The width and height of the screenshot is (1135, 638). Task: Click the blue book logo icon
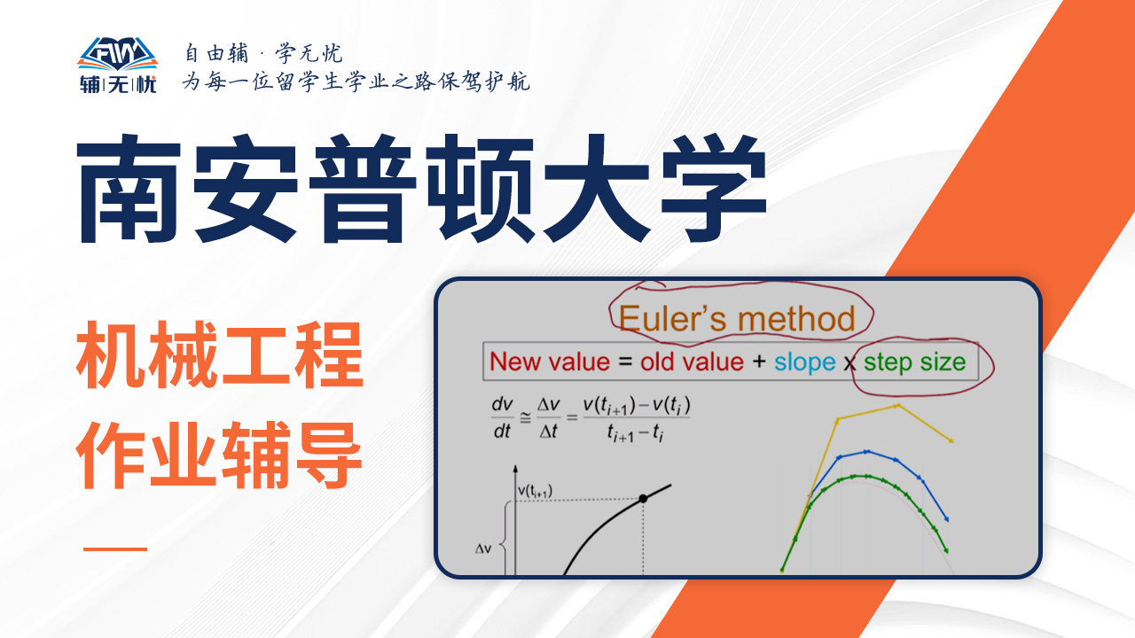click(x=118, y=54)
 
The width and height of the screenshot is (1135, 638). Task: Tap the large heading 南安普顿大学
click(x=421, y=189)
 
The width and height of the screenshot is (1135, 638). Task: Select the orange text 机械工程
click(x=219, y=355)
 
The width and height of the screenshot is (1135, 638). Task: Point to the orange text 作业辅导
click(x=219, y=455)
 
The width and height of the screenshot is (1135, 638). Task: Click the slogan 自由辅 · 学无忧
click(x=263, y=53)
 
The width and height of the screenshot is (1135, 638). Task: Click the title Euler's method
click(x=737, y=319)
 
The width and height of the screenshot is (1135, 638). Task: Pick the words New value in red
click(x=550, y=362)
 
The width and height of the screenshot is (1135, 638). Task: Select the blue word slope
click(x=804, y=363)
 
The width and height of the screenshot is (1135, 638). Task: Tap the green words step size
click(x=914, y=363)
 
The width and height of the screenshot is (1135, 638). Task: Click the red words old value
click(x=692, y=362)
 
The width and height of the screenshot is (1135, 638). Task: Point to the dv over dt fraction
click(x=502, y=417)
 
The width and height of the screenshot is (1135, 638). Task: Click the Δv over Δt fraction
click(x=548, y=417)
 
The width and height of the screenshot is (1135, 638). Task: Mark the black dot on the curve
click(x=643, y=499)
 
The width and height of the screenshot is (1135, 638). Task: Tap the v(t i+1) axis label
click(x=535, y=491)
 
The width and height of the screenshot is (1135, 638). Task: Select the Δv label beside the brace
click(x=483, y=549)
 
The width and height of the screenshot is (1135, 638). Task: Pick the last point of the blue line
click(x=946, y=519)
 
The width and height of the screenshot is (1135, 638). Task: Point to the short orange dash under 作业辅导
click(x=115, y=549)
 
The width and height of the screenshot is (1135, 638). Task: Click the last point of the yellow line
click(x=951, y=441)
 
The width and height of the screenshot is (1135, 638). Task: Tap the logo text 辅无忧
click(x=118, y=84)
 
